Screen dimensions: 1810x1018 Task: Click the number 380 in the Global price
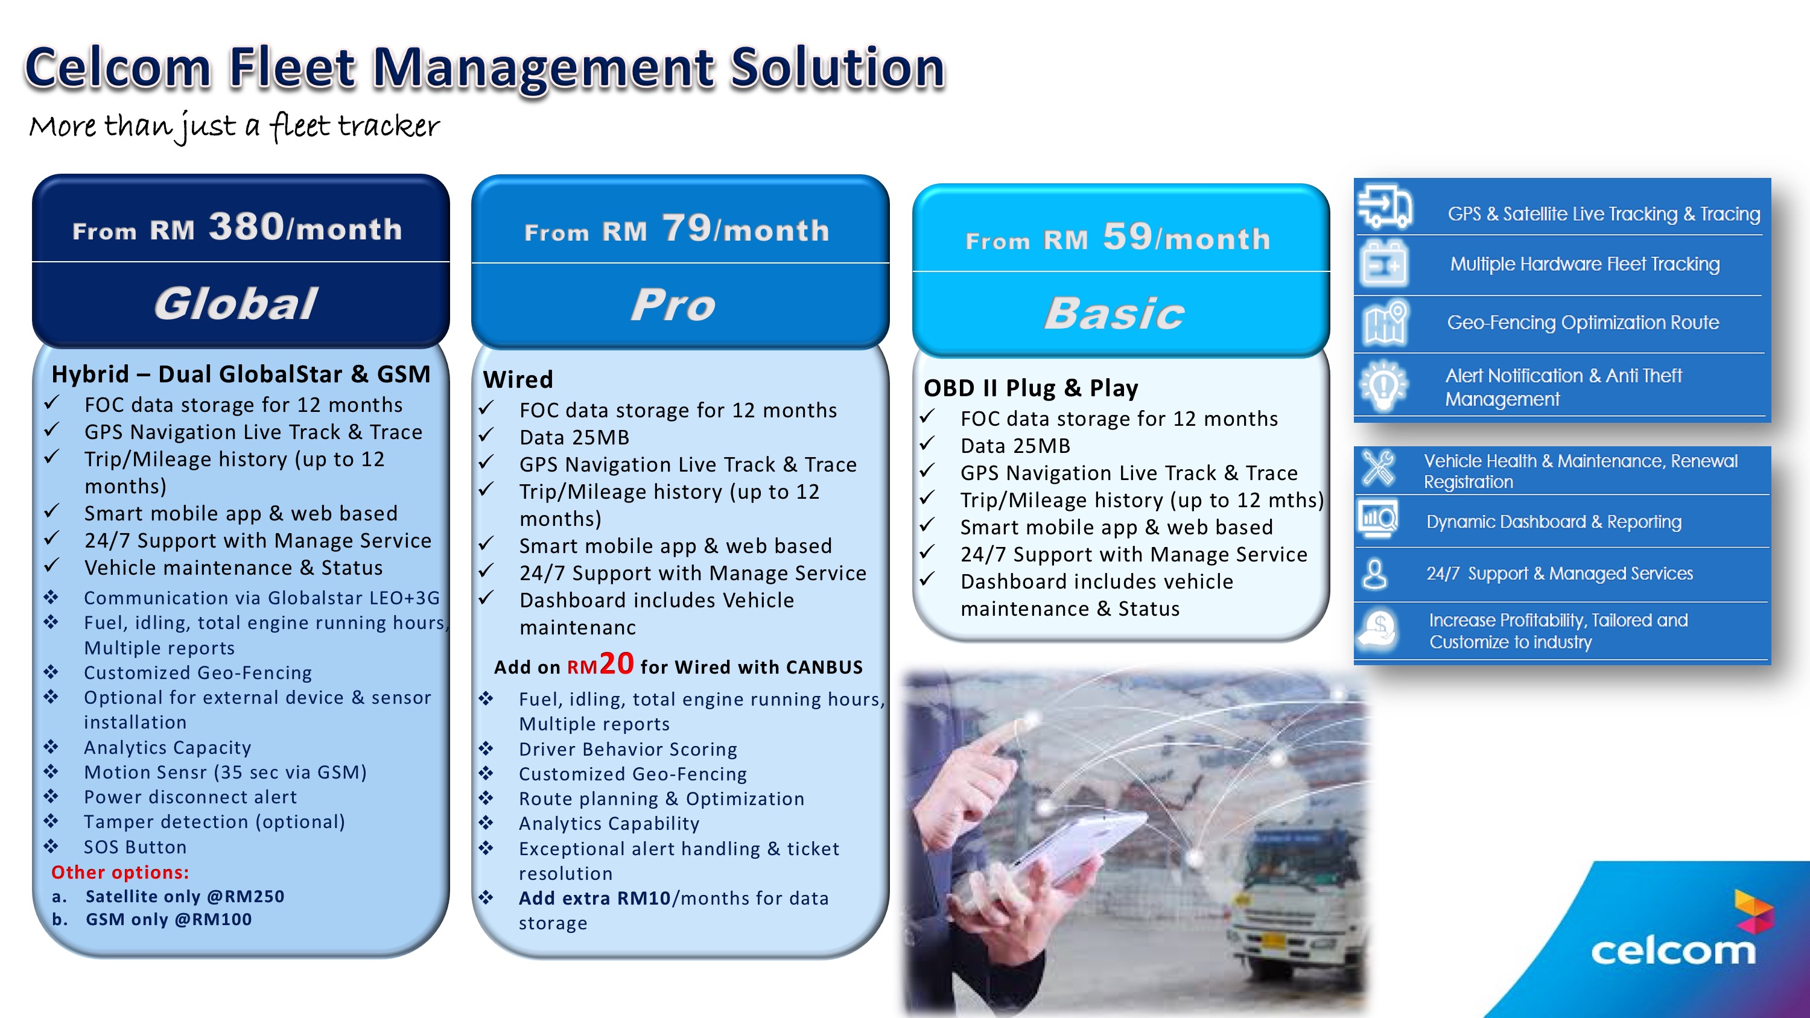tap(247, 226)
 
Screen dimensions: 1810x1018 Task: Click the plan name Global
tap(235, 303)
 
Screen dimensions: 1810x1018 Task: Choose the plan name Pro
tap(673, 305)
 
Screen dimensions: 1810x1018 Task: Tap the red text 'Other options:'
tap(120, 872)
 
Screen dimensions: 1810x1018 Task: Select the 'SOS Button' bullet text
tap(135, 847)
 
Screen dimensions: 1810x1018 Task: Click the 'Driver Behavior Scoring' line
tap(628, 749)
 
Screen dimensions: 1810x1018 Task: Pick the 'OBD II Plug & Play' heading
tap(1030, 388)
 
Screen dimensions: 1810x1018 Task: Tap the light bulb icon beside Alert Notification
tap(1383, 385)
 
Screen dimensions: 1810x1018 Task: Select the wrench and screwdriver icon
tap(1378, 469)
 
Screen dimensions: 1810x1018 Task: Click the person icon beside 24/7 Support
tap(1375, 574)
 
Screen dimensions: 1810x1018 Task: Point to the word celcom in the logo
tap(1673, 951)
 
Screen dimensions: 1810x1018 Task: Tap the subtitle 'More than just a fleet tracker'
tap(235, 127)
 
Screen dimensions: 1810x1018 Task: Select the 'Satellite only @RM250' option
tap(185, 896)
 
